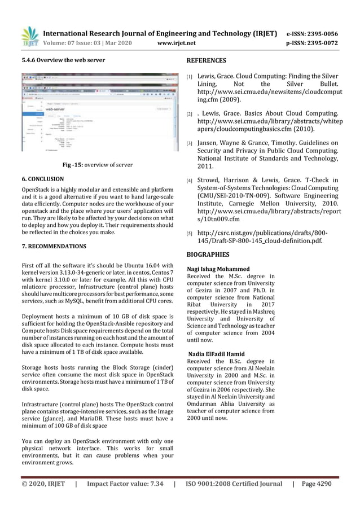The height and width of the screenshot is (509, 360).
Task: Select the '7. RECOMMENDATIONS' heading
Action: click(x=54, y=247)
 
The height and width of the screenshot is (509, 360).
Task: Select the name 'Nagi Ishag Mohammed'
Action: click(x=218, y=269)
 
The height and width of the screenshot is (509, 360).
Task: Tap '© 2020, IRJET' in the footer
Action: click(x=43, y=484)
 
